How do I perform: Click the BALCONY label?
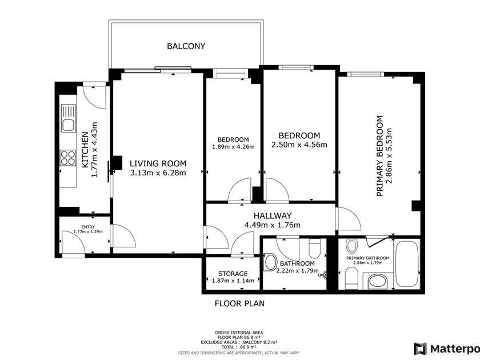click(186, 46)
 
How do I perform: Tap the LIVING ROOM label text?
click(158, 163)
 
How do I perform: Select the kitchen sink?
click(68, 118)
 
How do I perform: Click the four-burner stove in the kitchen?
click(68, 158)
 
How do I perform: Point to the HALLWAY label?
click(273, 216)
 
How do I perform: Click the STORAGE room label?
click(233, 274)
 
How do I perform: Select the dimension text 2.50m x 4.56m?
click(299, 145)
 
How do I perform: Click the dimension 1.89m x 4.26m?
click(233, 147)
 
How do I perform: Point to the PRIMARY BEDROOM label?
click(379, 156)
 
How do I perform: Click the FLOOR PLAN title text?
click(239, 303)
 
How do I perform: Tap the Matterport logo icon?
click(420, 349)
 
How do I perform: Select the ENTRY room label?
click(88, 227)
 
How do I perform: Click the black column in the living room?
click(118, 163)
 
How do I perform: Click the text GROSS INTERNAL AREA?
click(239, 333)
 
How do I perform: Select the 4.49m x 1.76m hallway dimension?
click(273, 225)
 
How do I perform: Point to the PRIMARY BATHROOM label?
click(368, 258)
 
